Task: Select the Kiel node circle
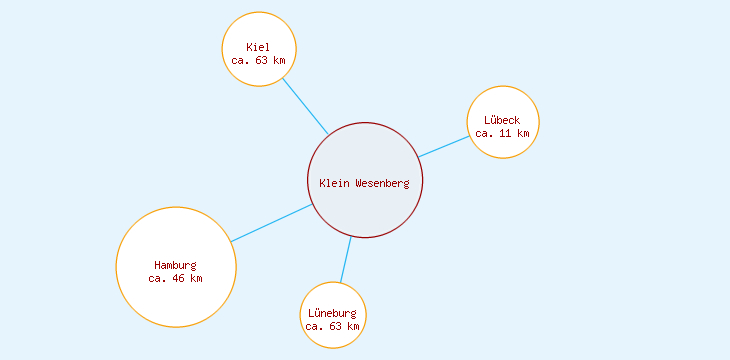pos(259,30)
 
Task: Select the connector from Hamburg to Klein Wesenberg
pos(272,223)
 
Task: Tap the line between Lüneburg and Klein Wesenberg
pos(346,259)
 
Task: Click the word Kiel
pos(258,47)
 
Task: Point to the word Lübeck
pos(502,120)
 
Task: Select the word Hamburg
pos(175,265)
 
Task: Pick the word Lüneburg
pos(332,313)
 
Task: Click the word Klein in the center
pos(335,183)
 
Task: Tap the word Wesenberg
pos(382,183)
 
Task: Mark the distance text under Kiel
pos(258,60)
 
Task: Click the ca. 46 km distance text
pos(175,278)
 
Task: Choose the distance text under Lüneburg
pos(333,326)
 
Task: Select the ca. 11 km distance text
pos(502,133)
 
